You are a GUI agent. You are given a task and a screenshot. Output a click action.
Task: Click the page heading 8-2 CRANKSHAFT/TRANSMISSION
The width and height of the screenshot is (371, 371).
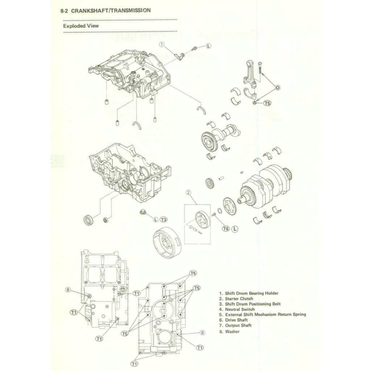coord(106,11)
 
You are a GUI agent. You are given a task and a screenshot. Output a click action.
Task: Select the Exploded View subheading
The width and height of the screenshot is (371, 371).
coord(80,26)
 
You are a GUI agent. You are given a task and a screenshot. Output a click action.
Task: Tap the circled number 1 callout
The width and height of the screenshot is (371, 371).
coord(162,44)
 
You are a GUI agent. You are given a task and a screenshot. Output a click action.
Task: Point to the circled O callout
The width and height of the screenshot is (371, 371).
coord(278,87)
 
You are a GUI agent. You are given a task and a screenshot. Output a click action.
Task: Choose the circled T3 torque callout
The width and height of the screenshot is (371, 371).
coord(164,220)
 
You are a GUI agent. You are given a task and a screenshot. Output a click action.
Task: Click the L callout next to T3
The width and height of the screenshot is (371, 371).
coord(155,220)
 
